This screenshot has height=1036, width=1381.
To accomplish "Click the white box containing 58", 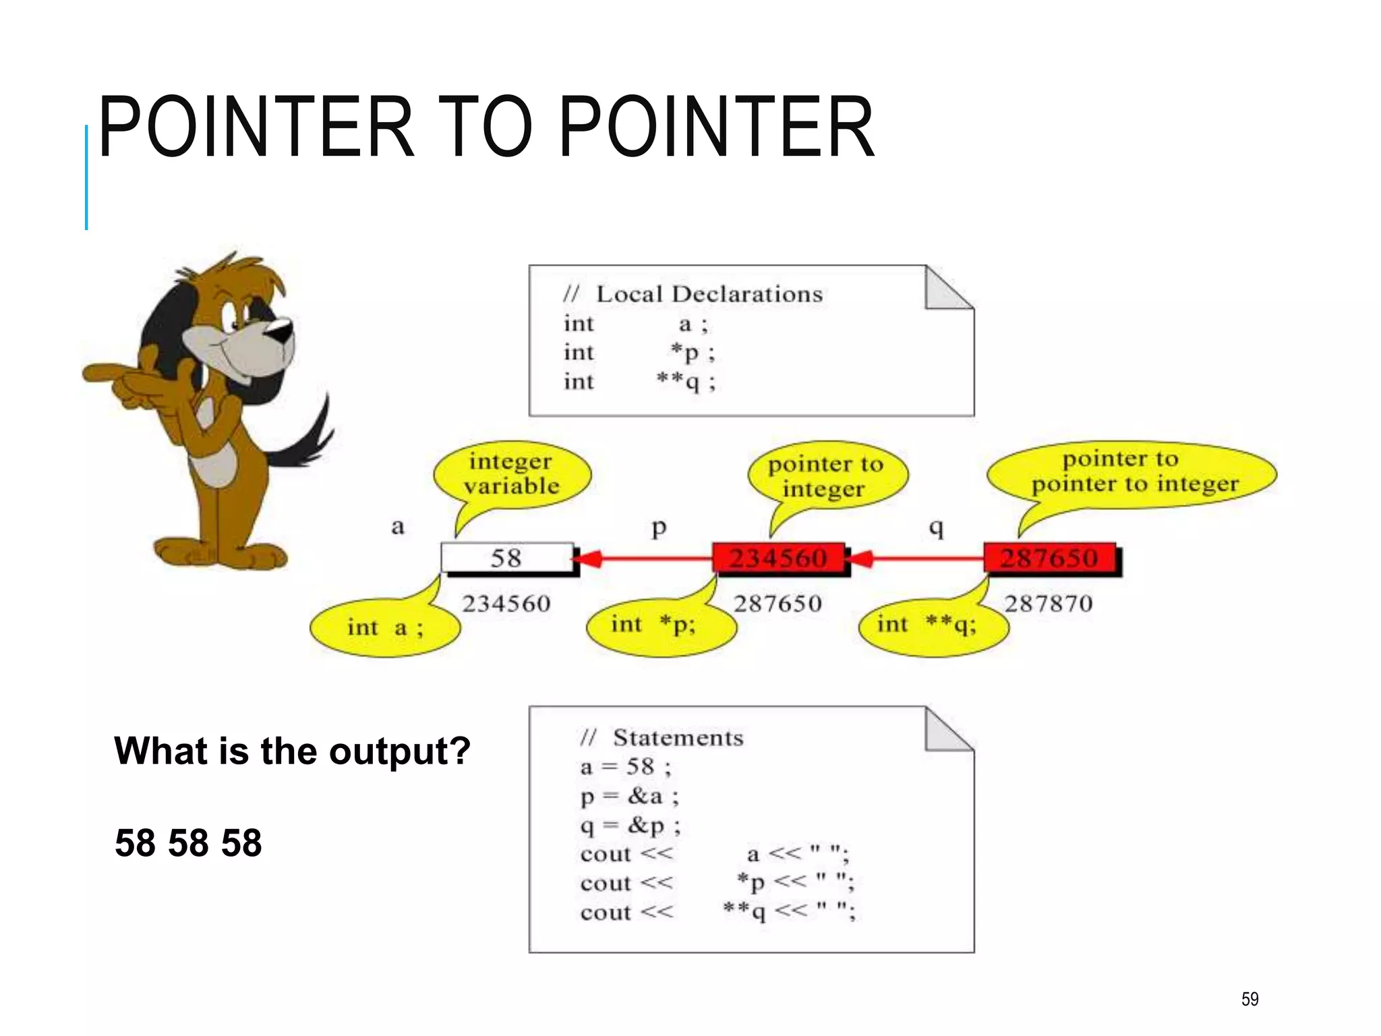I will click(506, 558).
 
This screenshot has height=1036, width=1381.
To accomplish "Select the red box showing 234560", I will click(778, 558).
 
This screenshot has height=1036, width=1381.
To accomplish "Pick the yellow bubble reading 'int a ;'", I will click(385, 628).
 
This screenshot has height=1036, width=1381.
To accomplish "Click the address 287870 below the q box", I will click(1048, 603).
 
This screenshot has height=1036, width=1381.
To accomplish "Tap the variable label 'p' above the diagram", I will click(659, 527).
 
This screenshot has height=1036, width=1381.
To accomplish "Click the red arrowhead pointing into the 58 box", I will click(588, 558).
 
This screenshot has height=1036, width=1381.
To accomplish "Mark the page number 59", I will click(1250, 999).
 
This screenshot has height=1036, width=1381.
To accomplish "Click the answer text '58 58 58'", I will click(188, 843).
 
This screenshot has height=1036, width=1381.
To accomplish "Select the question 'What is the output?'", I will click(292, 751).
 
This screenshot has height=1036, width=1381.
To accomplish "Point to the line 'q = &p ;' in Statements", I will click(630, 825).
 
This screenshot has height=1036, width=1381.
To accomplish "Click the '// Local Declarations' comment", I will click(693, 294).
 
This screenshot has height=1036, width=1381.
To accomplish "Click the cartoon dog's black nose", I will click(281, 330).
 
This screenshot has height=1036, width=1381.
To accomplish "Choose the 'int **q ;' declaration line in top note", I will click(639, 382).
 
